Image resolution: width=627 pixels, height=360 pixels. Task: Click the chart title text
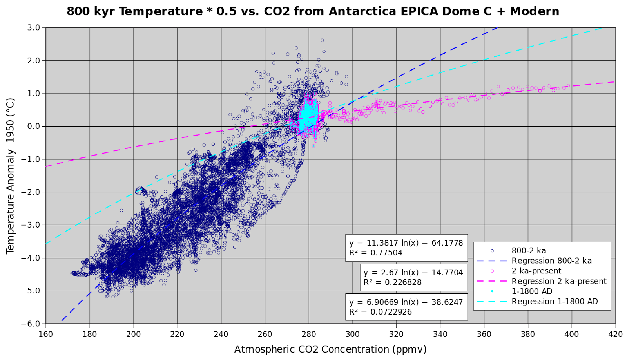pos(313,11)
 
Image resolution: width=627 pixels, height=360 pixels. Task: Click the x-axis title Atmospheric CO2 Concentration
pos(330,349)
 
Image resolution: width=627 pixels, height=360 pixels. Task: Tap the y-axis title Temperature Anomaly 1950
pos(10,176)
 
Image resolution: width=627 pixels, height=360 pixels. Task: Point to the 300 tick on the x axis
pos(353,334)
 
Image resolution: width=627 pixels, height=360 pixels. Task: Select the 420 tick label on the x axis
pos(616,334)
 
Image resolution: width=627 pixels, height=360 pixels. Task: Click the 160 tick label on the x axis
pos(46,334)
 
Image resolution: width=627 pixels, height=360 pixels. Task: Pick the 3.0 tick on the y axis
pos(34,27)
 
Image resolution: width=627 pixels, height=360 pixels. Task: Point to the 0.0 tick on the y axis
pos(34,126)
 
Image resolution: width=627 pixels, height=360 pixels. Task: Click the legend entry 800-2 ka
pos(529,251)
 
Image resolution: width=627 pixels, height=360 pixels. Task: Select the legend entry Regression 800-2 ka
pos(551,261)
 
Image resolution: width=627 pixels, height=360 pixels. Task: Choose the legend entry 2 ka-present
pos(536,271)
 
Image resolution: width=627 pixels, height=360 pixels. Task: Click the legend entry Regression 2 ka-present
pos(559,281)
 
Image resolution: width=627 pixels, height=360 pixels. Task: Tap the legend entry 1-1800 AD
pos(532,291)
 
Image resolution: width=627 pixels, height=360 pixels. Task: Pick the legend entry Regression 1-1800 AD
pos(555,302)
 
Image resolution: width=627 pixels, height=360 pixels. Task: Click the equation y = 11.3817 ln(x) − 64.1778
pos(406,243)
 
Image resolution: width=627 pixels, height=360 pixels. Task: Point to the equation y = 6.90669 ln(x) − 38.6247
pos(406,302)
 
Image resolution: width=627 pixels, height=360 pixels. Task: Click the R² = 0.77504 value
pos(375,253)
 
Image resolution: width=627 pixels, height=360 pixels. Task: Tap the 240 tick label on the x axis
pos(221,334)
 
